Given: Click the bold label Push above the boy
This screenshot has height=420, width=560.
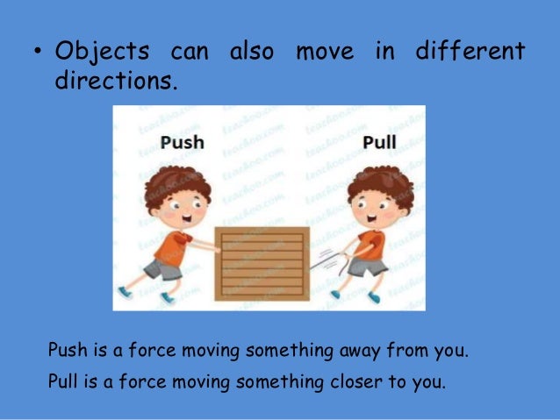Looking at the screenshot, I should (181, 140).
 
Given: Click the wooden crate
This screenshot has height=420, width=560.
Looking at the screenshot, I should (262, 261).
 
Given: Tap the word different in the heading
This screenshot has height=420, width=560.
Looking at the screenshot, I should (469, 52).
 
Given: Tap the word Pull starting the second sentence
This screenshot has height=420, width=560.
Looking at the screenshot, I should (63, 381).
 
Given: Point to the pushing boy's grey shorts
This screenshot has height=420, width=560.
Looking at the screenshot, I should (162, 268).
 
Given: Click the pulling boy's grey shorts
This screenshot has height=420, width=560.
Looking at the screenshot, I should (366, 267).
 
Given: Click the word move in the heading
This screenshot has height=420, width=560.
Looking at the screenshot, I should (324, 52).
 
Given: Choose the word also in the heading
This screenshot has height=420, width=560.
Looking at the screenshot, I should (251, 52).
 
